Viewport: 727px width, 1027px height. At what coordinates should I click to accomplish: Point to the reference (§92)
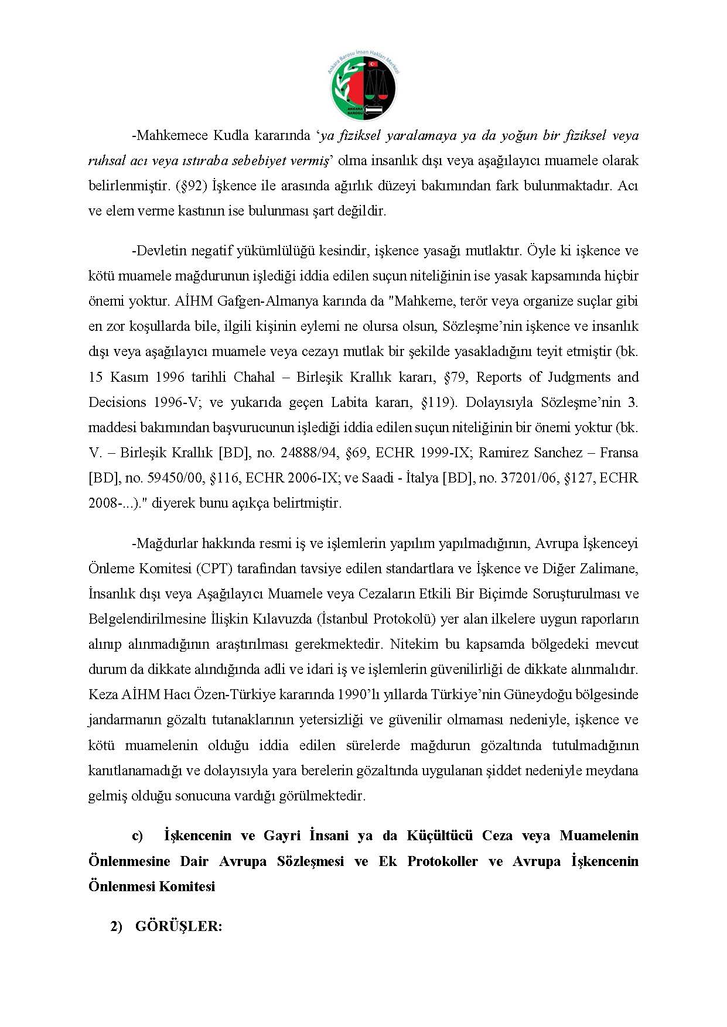point(189,186)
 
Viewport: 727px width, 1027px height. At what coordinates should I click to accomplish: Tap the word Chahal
point(254,377)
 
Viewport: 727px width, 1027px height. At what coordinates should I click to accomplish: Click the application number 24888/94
point(310,453)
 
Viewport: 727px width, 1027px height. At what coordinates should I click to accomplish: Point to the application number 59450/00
point(176,478)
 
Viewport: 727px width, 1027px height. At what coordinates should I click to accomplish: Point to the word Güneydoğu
point(534,695)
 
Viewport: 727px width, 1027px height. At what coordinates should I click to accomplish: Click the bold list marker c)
point(137,836)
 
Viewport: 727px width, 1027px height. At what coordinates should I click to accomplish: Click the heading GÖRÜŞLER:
point(179,926)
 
